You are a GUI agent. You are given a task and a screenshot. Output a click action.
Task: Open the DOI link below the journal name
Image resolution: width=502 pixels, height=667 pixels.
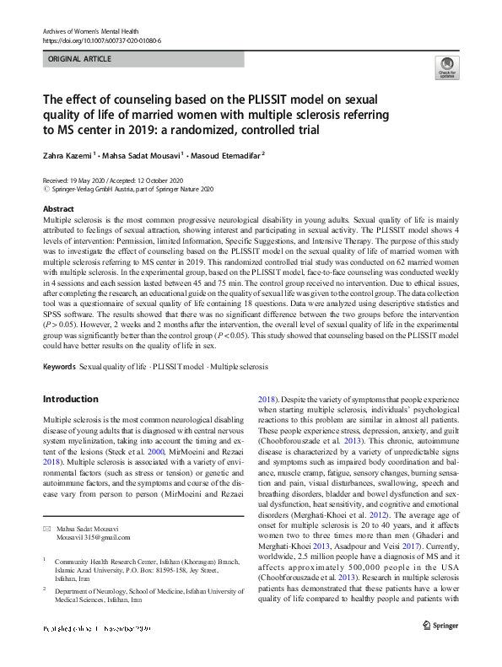(x=101, y=40)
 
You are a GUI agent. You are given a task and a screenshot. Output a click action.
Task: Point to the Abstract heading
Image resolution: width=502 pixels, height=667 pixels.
(x=57, y=207)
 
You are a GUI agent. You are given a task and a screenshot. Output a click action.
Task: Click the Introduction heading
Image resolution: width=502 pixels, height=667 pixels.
(x=71, y=398)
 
